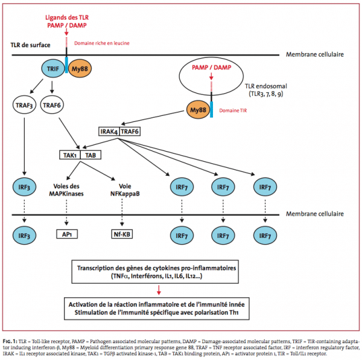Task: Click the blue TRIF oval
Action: click(x=53, y=69)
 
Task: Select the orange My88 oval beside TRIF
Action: click(x=80, y=69)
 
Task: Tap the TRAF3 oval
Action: click(x=24, y=105)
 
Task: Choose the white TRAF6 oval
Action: click(x=52, y=105)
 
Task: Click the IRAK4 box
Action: click(x=109, y=132)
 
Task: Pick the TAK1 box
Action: click(x=70, y=155)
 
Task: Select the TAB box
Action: click(x=91, y=155)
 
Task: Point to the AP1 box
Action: click(x=67, y=234)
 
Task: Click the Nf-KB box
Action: click(x=122, y=234)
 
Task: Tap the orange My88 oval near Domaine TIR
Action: click(x=198, y=109)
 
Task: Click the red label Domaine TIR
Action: click(x=233, y=111)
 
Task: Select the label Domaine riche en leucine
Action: click(x=102, y=43)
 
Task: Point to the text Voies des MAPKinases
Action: click(x=66, y=190)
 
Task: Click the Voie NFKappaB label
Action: click(x=125, y=190)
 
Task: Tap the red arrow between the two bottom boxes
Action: click(x=159, y=290)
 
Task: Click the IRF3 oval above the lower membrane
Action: click(x=24, y=187)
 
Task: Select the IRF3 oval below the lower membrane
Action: click(x=24, y=236)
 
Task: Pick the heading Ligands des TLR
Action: click(x=67, y=18)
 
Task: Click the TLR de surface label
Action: click(x=30, y=45)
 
